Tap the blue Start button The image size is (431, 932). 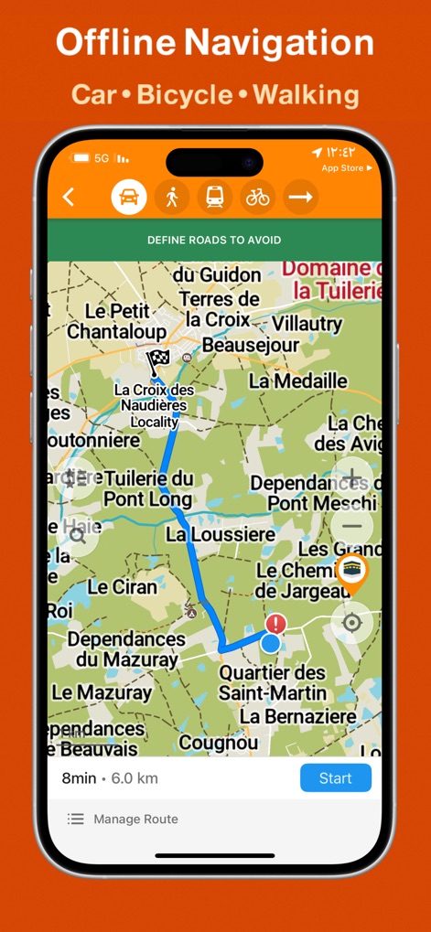pos(335,778)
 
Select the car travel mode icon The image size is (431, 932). pos(129,197)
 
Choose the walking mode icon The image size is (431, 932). pos(171,197)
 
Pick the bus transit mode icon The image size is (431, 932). pos(214,197)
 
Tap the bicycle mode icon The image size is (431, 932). pos(257,197)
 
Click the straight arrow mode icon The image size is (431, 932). pos(300,197)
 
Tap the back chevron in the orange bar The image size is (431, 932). pos(69,197)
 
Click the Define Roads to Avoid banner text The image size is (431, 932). pos(214,241)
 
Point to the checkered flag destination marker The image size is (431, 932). pos(158,359)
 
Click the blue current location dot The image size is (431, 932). pos(270,644)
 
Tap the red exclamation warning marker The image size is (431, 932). pos(275,624)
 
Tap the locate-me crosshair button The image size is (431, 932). pos(351,624)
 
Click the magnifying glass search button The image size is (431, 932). pos(78,536)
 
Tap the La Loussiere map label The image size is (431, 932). pos(221,534)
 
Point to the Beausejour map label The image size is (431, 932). pos(251,346)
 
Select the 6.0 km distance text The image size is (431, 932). pos(135,779)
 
